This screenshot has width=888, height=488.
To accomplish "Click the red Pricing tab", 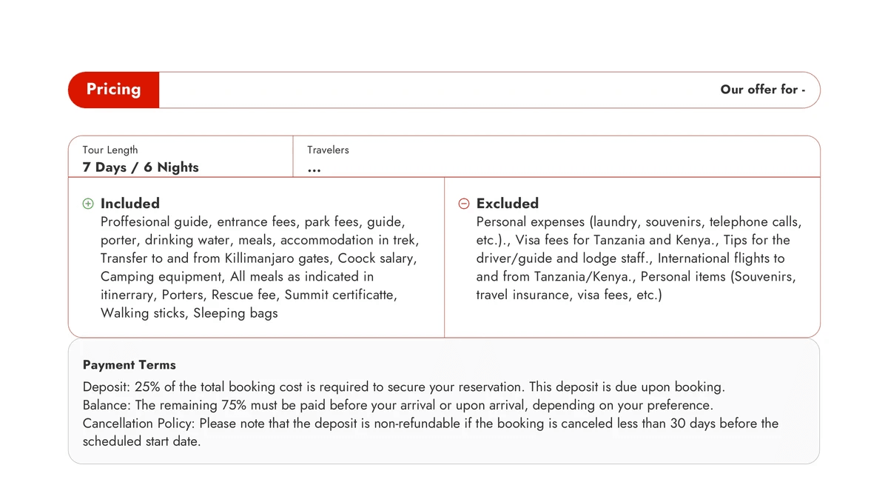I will (113, 90).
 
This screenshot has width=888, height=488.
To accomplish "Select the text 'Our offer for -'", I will (762, 90).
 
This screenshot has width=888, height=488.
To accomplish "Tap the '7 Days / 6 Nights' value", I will (141, 167).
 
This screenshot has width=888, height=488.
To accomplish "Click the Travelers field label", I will (328, 150).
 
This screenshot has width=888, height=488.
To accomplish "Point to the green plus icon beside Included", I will (88, 204).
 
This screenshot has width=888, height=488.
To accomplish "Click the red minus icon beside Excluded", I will (464, 204).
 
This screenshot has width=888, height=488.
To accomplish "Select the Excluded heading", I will (507, 204).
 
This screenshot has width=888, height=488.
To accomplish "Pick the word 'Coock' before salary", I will (357, 258).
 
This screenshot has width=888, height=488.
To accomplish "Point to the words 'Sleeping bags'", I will (235, 313).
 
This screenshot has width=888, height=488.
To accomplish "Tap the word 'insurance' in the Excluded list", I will (547, 295).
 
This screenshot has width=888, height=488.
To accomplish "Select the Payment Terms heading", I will (129, 365).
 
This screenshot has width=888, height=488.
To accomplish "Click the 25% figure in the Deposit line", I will (147, 387).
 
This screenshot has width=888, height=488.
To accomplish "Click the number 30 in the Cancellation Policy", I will (678, 424).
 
